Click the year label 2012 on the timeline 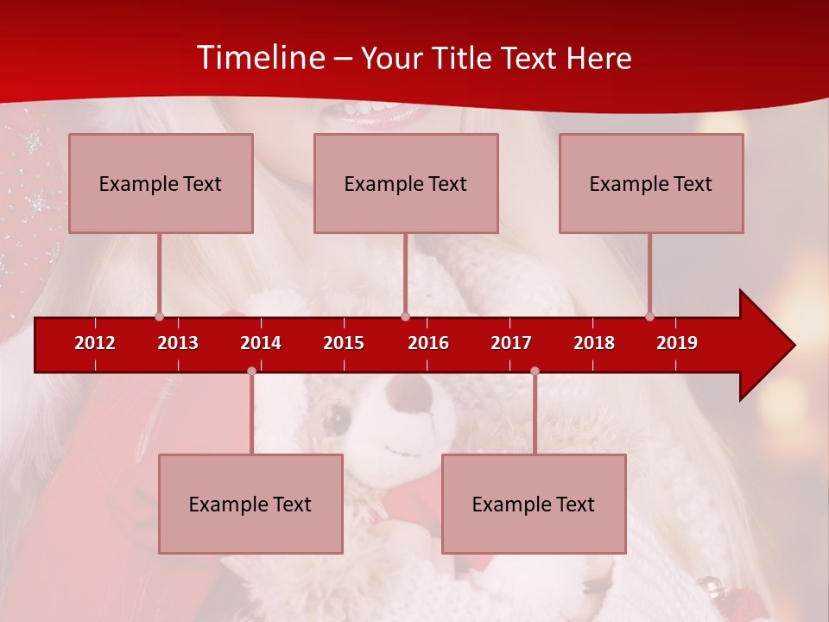click(x=95, y=343)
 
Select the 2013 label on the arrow click(x=178, y=343)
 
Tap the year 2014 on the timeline click(x=261, y=343)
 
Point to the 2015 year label click(x=344, y=343)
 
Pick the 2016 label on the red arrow click(x=428, y=343)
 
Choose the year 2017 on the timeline click(x=511, y=343)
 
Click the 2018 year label click(x=594, y=343)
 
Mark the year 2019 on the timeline click(x=677, y=343)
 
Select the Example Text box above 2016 click(x=406, y=183)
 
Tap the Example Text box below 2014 click(x=250, y=504)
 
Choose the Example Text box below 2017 click(x=534, y=504)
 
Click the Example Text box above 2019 click(x=651, y=183)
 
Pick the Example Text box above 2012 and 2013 click(x=161, y=183)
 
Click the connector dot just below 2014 click(x=251, y=371)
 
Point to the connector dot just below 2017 click(x=535, y=371)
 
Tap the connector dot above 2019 click(x=650, y=316)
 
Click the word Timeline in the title click(x=260, y=58)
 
